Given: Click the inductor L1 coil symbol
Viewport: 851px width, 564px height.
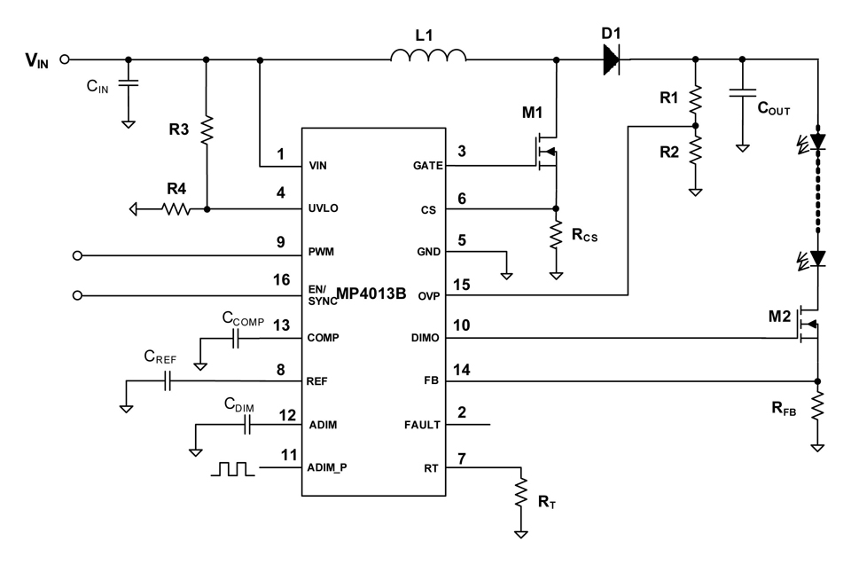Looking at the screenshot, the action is [428, 54].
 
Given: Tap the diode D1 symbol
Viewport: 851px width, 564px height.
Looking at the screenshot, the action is [612, 59].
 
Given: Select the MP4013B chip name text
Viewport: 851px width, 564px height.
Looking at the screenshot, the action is [371, 294].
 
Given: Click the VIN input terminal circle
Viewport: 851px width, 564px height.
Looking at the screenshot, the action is [65, 59].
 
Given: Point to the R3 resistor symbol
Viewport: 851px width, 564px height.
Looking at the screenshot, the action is [207, 130].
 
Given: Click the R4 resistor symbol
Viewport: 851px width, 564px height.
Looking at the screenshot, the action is [176, 209].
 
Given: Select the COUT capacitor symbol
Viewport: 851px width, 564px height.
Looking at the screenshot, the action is [743, 92].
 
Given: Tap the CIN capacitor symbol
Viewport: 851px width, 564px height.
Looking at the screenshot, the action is [128, 82].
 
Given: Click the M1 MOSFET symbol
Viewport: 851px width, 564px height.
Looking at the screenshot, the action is [546, 152].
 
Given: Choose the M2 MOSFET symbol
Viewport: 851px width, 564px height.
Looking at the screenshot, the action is [808, 324].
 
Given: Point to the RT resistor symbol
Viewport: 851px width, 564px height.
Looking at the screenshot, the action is [520, 492].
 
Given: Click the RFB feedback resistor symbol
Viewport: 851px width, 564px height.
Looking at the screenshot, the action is [817, 405].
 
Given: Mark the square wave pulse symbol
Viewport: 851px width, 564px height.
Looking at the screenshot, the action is [232, 469].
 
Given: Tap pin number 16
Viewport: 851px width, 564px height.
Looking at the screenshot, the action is [281, 280].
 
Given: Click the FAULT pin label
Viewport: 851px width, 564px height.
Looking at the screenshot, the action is [422, 425].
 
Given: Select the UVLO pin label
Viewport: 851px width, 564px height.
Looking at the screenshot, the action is [323, 208].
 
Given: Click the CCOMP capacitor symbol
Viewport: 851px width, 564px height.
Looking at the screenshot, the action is [236, 340].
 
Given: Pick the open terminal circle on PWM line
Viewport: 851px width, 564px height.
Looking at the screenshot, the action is [77, 255].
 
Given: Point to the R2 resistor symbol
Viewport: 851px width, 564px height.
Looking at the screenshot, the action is [695, 151].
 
